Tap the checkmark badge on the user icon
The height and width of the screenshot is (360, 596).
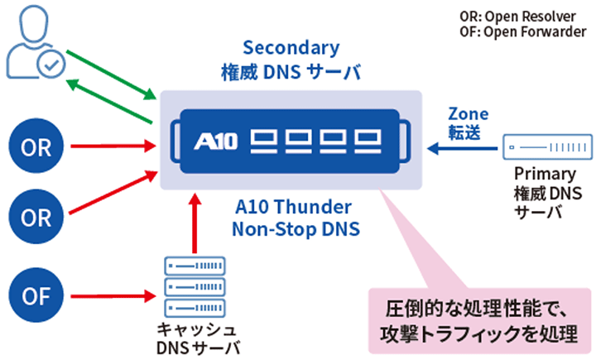pyautogui.click(x=51, y=64)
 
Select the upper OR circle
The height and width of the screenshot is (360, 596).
pyautogui.click(x=36, y=146)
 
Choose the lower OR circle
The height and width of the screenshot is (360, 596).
pyautogui.click(x=36, y=217)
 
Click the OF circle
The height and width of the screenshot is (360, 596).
pyautogui.click(x=36, y=295)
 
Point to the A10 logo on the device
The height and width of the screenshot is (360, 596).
pyautogui.click(x=215, y=142)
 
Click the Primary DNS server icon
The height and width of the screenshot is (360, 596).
pyautogui.click(x=547, y=146)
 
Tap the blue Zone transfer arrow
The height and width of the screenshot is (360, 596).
pyautogui.click(x=462, y=148)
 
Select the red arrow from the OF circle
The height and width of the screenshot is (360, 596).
pyautogui.click(x=113, y=295)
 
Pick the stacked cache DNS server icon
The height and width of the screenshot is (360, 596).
pyautogui.click(x=195, y=287)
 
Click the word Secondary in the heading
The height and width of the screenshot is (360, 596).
pyautogui.click(x=291, y=48)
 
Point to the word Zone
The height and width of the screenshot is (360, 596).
pyautogui.click(x=469, y=114)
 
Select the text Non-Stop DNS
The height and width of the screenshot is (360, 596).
pyautogui.click(x=296, y=229)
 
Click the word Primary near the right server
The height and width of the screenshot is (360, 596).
pyautogui.click(x=545, y=175)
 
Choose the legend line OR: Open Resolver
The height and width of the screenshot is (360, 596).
pyautogui.click(x=517, y=17)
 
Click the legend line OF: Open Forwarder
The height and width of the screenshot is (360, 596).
pyautogui.click(x=523, y=32)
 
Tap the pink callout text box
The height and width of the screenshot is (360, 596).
pyautogui.click(x=479, y=321)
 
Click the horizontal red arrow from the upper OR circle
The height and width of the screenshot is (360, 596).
pyautogui.click(x=113, y=146)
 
